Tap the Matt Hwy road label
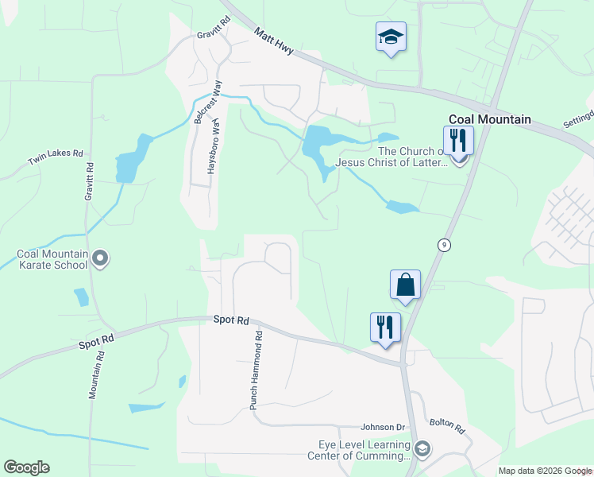274,41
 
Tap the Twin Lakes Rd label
56,156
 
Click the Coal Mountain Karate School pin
100,258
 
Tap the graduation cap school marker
391,37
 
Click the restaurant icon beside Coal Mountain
458,142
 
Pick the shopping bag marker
405,285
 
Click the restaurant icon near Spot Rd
386,328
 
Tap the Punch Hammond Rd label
256,370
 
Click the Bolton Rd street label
447,427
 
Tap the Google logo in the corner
26,467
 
